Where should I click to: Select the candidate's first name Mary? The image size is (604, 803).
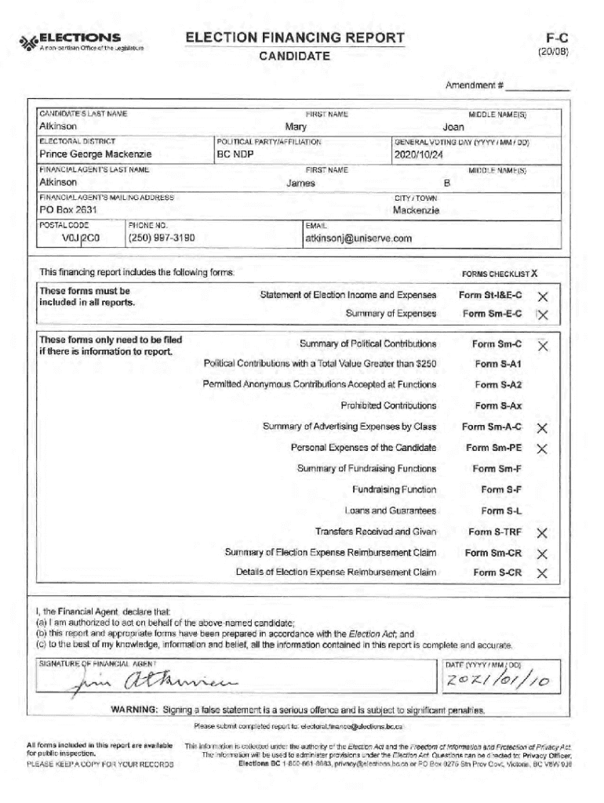[296, 126]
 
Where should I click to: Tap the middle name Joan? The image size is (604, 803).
[453, 126]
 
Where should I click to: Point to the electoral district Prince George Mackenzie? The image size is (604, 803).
[95, 154]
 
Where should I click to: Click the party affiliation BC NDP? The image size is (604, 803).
[235, 154]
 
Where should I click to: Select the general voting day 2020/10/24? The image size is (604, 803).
[419, 154]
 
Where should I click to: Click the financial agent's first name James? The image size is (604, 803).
[300, 183]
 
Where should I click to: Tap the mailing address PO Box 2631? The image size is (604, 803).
[67, 210]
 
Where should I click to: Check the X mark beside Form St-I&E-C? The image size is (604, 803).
[541, 296]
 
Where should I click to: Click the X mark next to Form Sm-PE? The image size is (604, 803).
[541, 449]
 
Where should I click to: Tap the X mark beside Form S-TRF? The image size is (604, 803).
[541, 533]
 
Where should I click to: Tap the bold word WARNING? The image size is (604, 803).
[136, 710]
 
